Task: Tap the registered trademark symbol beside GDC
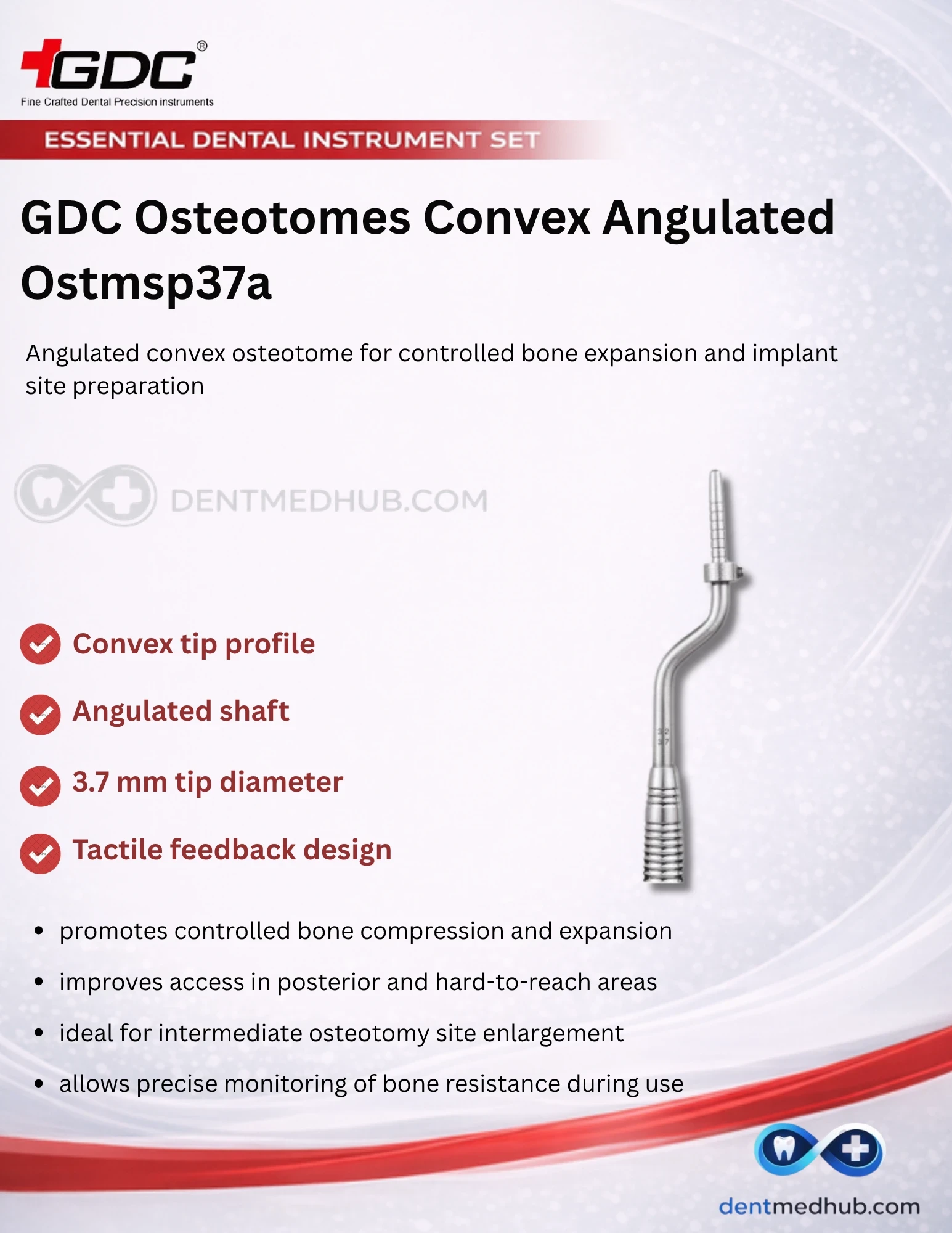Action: pyautogui.click(x=201, y=46)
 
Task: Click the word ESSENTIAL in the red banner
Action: pyautogui.click(x=114, y=140)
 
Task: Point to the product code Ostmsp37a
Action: pyautogui.click(x=146, y=283)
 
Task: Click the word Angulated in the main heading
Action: pyautogui.click(x=718, y=219)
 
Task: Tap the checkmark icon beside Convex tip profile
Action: pyautogui.click(x=40, y=644)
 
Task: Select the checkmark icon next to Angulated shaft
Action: pyautogui.click(x=40, y=715)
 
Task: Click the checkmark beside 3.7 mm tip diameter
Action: pyautogui.click(x=40, y=786)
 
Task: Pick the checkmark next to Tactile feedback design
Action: pyautogui.click(x=40, y=853)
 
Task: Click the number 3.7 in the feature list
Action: pyautogui.click(x=91, y=782)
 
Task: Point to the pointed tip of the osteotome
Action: pyautogui.click(x=715, y=472)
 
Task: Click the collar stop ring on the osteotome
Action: pyautogui.click(x=724, y=573)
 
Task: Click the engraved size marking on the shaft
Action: pyautogui.click(x=663, y=737)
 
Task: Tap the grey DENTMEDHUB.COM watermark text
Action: pyautogui.click(x=328, y=501)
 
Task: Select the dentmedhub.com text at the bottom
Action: pyautogui.click(x=819, y=1206)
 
